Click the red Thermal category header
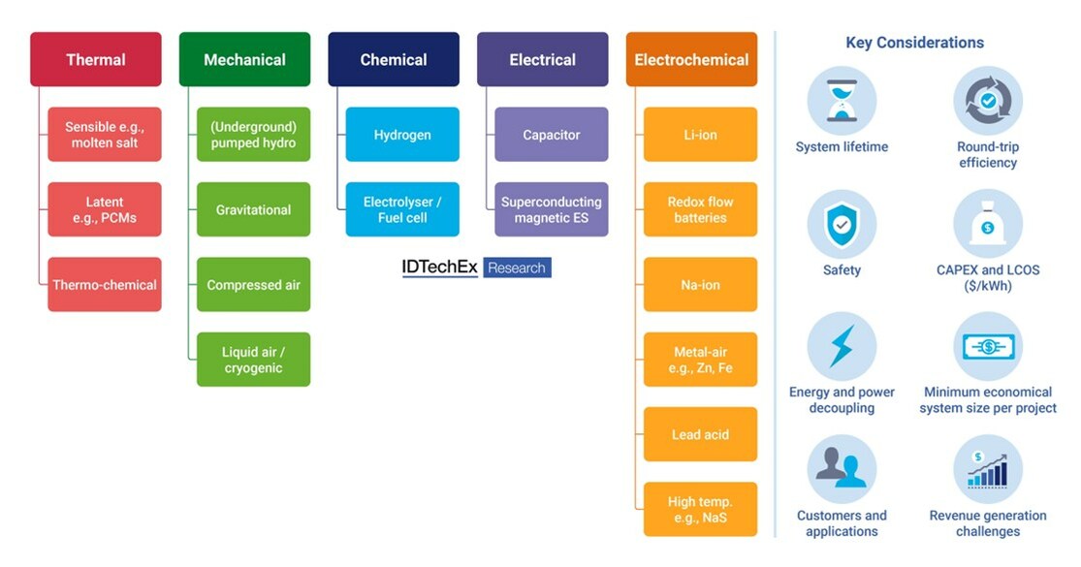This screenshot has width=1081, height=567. (x=95, y=59)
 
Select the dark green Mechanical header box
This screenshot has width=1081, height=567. (x=244, y=59)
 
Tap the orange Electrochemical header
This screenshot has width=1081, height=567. (x=691, y=59)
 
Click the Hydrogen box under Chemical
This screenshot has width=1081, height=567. (x=402, y=135)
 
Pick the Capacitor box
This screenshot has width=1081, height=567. (x=551, y=135)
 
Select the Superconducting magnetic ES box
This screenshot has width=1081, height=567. (x=551, y=209)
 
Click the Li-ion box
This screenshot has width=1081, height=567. (x=700, y=135)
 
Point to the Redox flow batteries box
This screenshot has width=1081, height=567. (x=700, y=209)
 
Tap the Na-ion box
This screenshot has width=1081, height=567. (x=700, y=285)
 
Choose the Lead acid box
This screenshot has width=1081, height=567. (x=700, y=434)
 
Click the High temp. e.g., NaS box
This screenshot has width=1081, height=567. (x=700, y=509)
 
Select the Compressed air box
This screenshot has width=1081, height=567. (x=253, y=285)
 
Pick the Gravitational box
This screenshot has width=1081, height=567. (x=253, y=209)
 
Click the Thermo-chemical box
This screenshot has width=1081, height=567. (x=105, y=285)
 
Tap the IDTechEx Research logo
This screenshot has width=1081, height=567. (x=476, y=268)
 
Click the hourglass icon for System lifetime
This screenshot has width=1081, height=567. (x=842, y=101)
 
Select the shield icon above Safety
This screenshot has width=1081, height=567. (x=842, y=224)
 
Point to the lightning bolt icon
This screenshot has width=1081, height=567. (x=842, y=346)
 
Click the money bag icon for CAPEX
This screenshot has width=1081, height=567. (x=988, y=224)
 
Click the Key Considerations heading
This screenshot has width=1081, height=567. (x=914, y=43)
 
